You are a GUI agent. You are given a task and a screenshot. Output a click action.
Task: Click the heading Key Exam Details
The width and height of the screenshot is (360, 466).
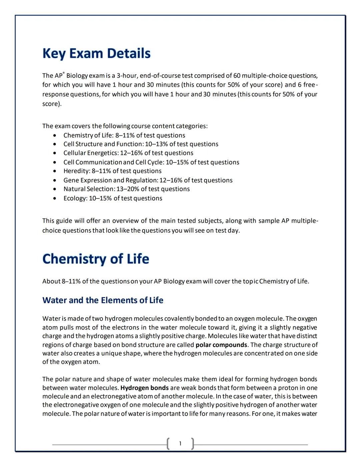[x=96, y=53]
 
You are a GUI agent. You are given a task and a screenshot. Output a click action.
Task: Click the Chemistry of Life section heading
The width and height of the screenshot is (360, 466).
[x=96, y=259]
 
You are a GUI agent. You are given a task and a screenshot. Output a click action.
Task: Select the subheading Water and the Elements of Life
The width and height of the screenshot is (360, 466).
[x=103, y=300]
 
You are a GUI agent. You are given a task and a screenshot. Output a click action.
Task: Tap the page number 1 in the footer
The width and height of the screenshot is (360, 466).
[x=180, y=443]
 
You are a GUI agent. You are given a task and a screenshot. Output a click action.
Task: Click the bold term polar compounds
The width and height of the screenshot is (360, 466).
[x=221, y=345]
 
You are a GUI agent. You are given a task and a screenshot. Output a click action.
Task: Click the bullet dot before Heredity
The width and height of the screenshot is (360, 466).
[x=55, y=171]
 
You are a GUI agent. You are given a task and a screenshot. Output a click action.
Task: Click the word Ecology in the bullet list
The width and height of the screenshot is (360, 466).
[x=75, y=198]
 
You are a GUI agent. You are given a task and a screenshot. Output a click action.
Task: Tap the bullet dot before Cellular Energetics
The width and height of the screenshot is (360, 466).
[x=55, y=153]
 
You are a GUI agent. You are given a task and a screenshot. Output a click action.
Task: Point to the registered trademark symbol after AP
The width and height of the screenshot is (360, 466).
[x=64, y=73]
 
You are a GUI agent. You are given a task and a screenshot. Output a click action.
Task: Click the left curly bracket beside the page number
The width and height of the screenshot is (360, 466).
[x=168, y=444]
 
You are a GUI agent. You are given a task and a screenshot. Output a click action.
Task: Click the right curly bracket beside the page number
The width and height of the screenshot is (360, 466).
[x=193, y=444]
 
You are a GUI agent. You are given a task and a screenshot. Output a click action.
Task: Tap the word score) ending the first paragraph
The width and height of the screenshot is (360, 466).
[x=52, y=104]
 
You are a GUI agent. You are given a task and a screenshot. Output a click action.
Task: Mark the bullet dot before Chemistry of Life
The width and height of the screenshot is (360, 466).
[x=55, y=136]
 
